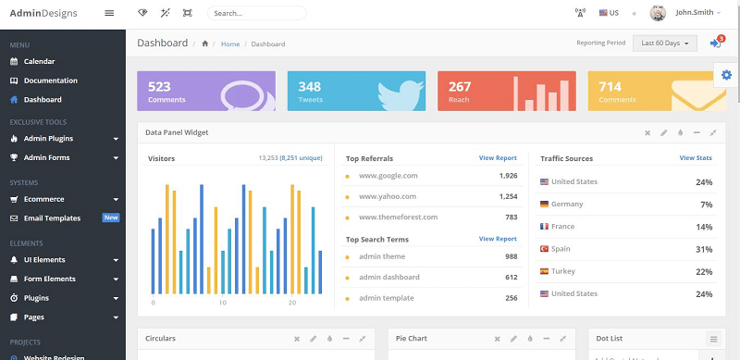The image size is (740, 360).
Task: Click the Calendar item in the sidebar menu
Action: (39, 61)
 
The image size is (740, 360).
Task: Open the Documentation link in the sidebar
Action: (50, 81)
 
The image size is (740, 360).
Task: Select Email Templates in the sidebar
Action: (52, 218)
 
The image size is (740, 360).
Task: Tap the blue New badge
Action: (111, 218)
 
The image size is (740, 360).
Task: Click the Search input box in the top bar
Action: (257, 13)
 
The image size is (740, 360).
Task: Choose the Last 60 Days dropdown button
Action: (665, 43)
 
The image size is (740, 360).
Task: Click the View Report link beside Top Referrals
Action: (498, 158)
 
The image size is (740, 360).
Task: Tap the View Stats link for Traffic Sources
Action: (696, 158)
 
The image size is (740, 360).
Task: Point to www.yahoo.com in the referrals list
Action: (388, 196)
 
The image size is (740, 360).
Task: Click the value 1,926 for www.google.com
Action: (508, 176)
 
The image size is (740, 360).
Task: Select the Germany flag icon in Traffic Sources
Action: (545, 205)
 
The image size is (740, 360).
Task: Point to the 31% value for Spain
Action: (704, 250)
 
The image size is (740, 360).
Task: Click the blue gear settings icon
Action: (726, 74)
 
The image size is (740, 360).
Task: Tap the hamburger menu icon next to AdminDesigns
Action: (109, 13)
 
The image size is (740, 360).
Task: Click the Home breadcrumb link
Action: (230, 44)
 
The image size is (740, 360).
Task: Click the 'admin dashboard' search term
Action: (388, 278)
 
